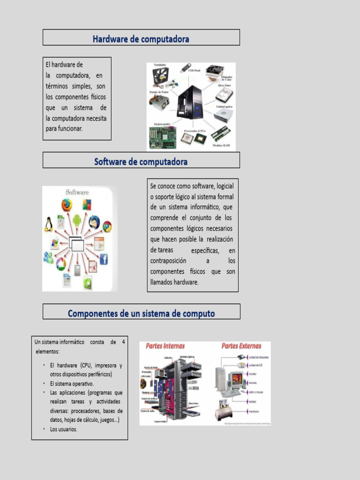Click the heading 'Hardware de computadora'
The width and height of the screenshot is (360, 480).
(x=141, y=39)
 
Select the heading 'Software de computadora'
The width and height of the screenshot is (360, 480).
(x=141, y=162)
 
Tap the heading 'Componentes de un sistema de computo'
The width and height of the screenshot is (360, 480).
(x=141, y=313)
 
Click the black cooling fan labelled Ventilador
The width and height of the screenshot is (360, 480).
(x=160, y=76)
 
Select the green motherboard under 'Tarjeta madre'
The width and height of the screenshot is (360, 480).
(x=162, y=137)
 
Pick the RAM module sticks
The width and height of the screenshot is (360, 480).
(x=220, y=135)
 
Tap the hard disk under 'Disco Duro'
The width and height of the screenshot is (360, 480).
(x=224, y=95)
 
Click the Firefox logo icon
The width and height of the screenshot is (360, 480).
(x=67, y=205)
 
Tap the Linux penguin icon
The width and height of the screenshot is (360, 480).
(x=48, y=225)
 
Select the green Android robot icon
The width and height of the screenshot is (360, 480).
(x=77, y=219)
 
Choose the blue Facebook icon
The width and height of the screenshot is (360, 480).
(x=104, y=259)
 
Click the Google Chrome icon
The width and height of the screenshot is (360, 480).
(x=107, y=227)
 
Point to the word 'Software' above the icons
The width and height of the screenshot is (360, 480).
(x=77, y=192)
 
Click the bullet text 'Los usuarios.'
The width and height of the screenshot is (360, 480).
(x=64, y=429)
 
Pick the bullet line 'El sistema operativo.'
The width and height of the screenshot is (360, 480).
(x=72, y=383)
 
